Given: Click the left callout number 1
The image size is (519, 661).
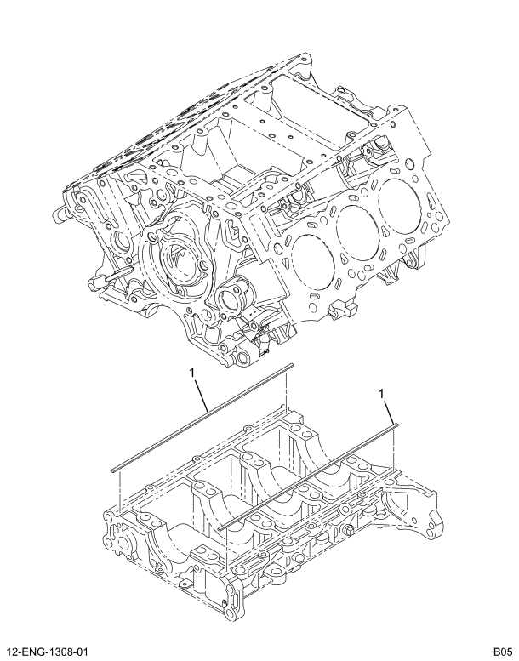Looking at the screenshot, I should tap(193, 372).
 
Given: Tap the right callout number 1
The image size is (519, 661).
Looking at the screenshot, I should tap(382, 393).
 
